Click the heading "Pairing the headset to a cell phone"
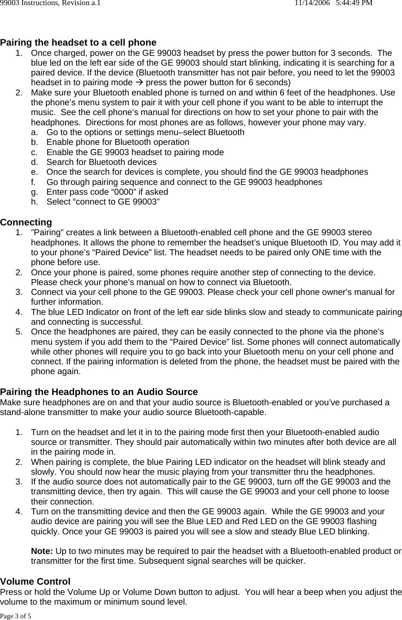click(78, 43)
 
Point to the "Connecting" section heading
click(26, 222)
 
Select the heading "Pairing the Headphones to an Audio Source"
click(99, 392)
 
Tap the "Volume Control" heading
click(35, 582)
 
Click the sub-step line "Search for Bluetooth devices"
click(101, 162)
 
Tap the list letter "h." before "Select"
click(35, 202)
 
